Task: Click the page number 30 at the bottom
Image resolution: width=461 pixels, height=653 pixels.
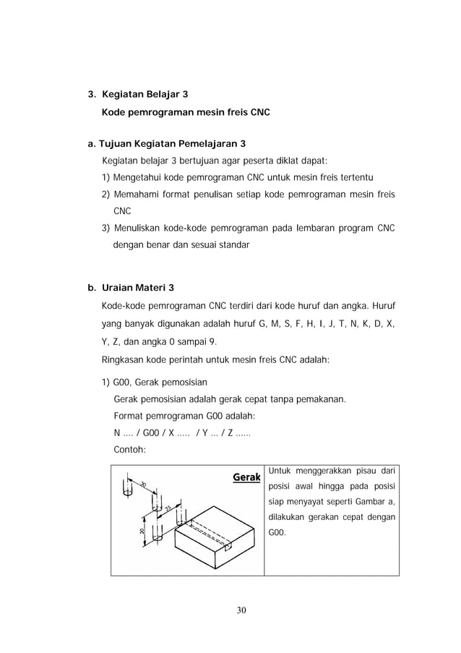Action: (x=241, y=611)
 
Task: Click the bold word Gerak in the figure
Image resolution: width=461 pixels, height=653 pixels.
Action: (x=246, y=478)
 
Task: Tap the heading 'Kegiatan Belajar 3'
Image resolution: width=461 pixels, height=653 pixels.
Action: (x=145, y=95)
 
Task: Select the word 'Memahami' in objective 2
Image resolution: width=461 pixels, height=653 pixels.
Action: (x=135, y=195)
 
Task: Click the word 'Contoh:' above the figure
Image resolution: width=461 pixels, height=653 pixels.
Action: (x=130, y=449)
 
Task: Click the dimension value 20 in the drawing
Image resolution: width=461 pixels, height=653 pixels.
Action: (x=142, y=532)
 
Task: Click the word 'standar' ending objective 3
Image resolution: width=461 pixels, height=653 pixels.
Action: (x=231, y=245)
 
